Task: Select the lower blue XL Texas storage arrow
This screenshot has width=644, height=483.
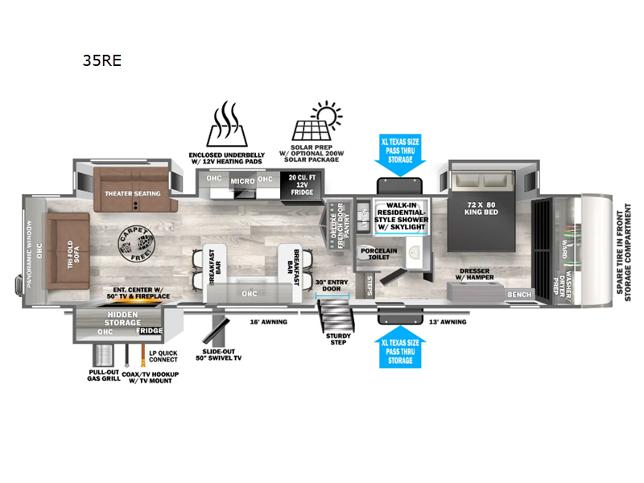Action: (x=400, y=347)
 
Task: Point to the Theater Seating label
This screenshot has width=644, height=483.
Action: (x=132, y=193)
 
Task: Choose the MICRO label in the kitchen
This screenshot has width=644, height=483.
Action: (x=242, y=181)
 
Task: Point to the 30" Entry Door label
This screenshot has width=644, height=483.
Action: (x=331, y=286)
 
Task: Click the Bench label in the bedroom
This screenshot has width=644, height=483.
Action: (x=519, y=295)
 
